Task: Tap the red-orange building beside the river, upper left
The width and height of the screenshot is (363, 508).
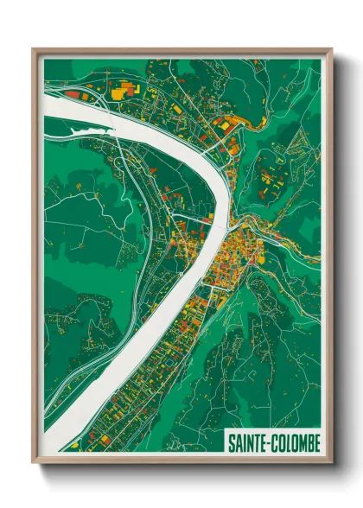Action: tap(73, 93)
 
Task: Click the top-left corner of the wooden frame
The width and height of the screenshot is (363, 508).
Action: tap(34, 49)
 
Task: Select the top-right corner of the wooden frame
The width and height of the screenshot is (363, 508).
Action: tap(331, 49)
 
